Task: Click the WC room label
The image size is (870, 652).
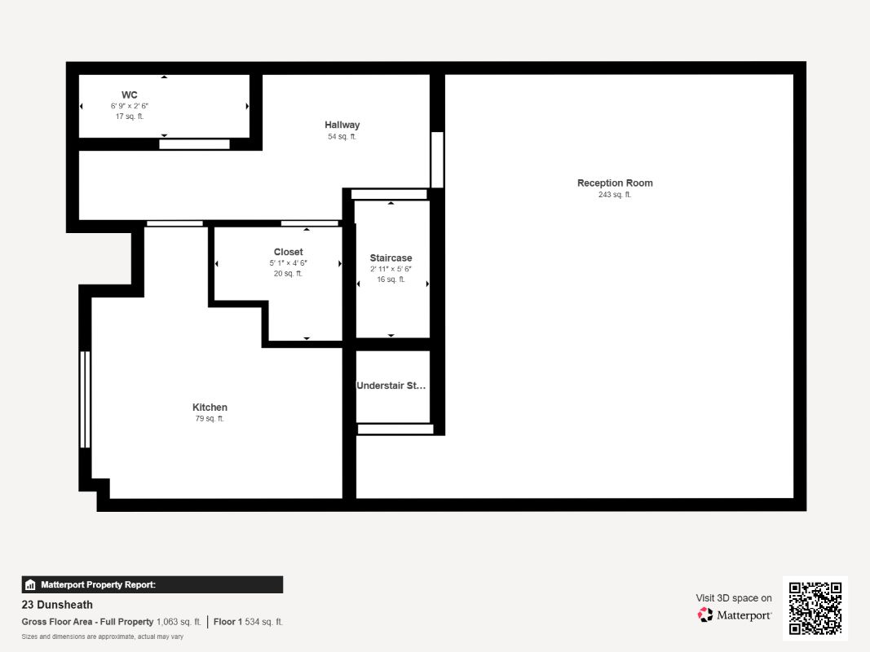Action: pyautogui.click(x=129, y=95)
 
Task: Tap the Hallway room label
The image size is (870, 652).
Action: pyautogui.click(x=342, y=125)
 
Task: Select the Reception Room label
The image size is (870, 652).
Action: pyautogui.click(x=615, y=183)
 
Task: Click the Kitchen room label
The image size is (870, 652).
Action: pyautogui.click(x=210, y=407)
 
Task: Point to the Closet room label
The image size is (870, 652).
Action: pyautogui.click(x=288, y=253)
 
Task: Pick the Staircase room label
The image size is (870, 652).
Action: pyautogui.click(x=391, y=258)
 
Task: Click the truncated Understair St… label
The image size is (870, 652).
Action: pyautogui.click(x=391, y=385)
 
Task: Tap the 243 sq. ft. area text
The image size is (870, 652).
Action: pyautogui.click(x=615, y=195)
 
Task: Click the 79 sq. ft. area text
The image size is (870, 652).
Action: pyautogui.click(x=209, y=419)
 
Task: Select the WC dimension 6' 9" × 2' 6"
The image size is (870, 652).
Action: pyautogui.click(x=130, y=107)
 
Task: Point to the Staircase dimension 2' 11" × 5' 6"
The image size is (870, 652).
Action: pyautogui.click(x=391, y=269)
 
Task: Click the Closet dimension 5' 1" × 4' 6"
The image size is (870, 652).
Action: pyautogui.click(x=288, y=263)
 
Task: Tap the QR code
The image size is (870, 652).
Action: pyautogui.click(x=815, y=608)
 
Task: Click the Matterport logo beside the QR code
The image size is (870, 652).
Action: pyautogui.click(x=734, y=615)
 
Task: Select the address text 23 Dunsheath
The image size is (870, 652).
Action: pyautogui.click(x=57, y=605)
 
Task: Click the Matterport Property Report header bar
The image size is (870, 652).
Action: pyautogui.click(x=152, y=584)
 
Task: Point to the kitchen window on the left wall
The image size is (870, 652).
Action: pyautogui.click(x=84, y=399)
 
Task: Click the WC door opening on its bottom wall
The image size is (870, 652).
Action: pyautogui.click(x=194, y=144)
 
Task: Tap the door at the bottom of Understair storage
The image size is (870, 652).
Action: pyautogui.click(x=395, y=429)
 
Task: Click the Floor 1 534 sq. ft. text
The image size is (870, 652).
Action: pyautogui.click(x=248, y=622)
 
